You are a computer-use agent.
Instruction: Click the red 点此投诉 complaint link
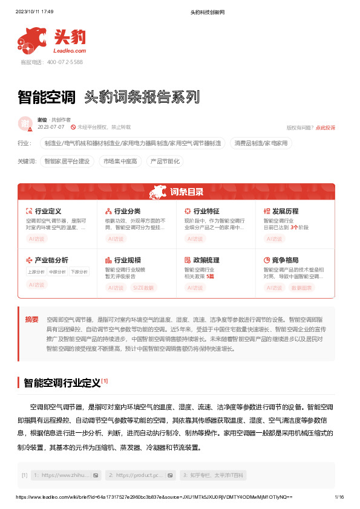326,128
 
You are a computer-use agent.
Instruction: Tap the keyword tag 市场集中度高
120,161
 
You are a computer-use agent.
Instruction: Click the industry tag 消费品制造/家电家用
261,143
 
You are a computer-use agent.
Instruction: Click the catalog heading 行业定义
48,212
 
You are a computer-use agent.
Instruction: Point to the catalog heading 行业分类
127,212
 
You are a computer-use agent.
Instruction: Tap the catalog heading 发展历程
285,212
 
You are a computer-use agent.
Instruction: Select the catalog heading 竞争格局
285,260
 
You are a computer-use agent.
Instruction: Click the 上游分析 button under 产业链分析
36,272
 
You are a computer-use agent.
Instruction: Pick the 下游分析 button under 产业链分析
79,272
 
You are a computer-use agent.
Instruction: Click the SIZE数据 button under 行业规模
143,288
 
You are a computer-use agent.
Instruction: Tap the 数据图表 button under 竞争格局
301,288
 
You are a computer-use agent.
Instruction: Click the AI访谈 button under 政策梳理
195,288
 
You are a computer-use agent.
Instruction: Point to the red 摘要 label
32,319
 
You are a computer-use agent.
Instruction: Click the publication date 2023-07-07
50,128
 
